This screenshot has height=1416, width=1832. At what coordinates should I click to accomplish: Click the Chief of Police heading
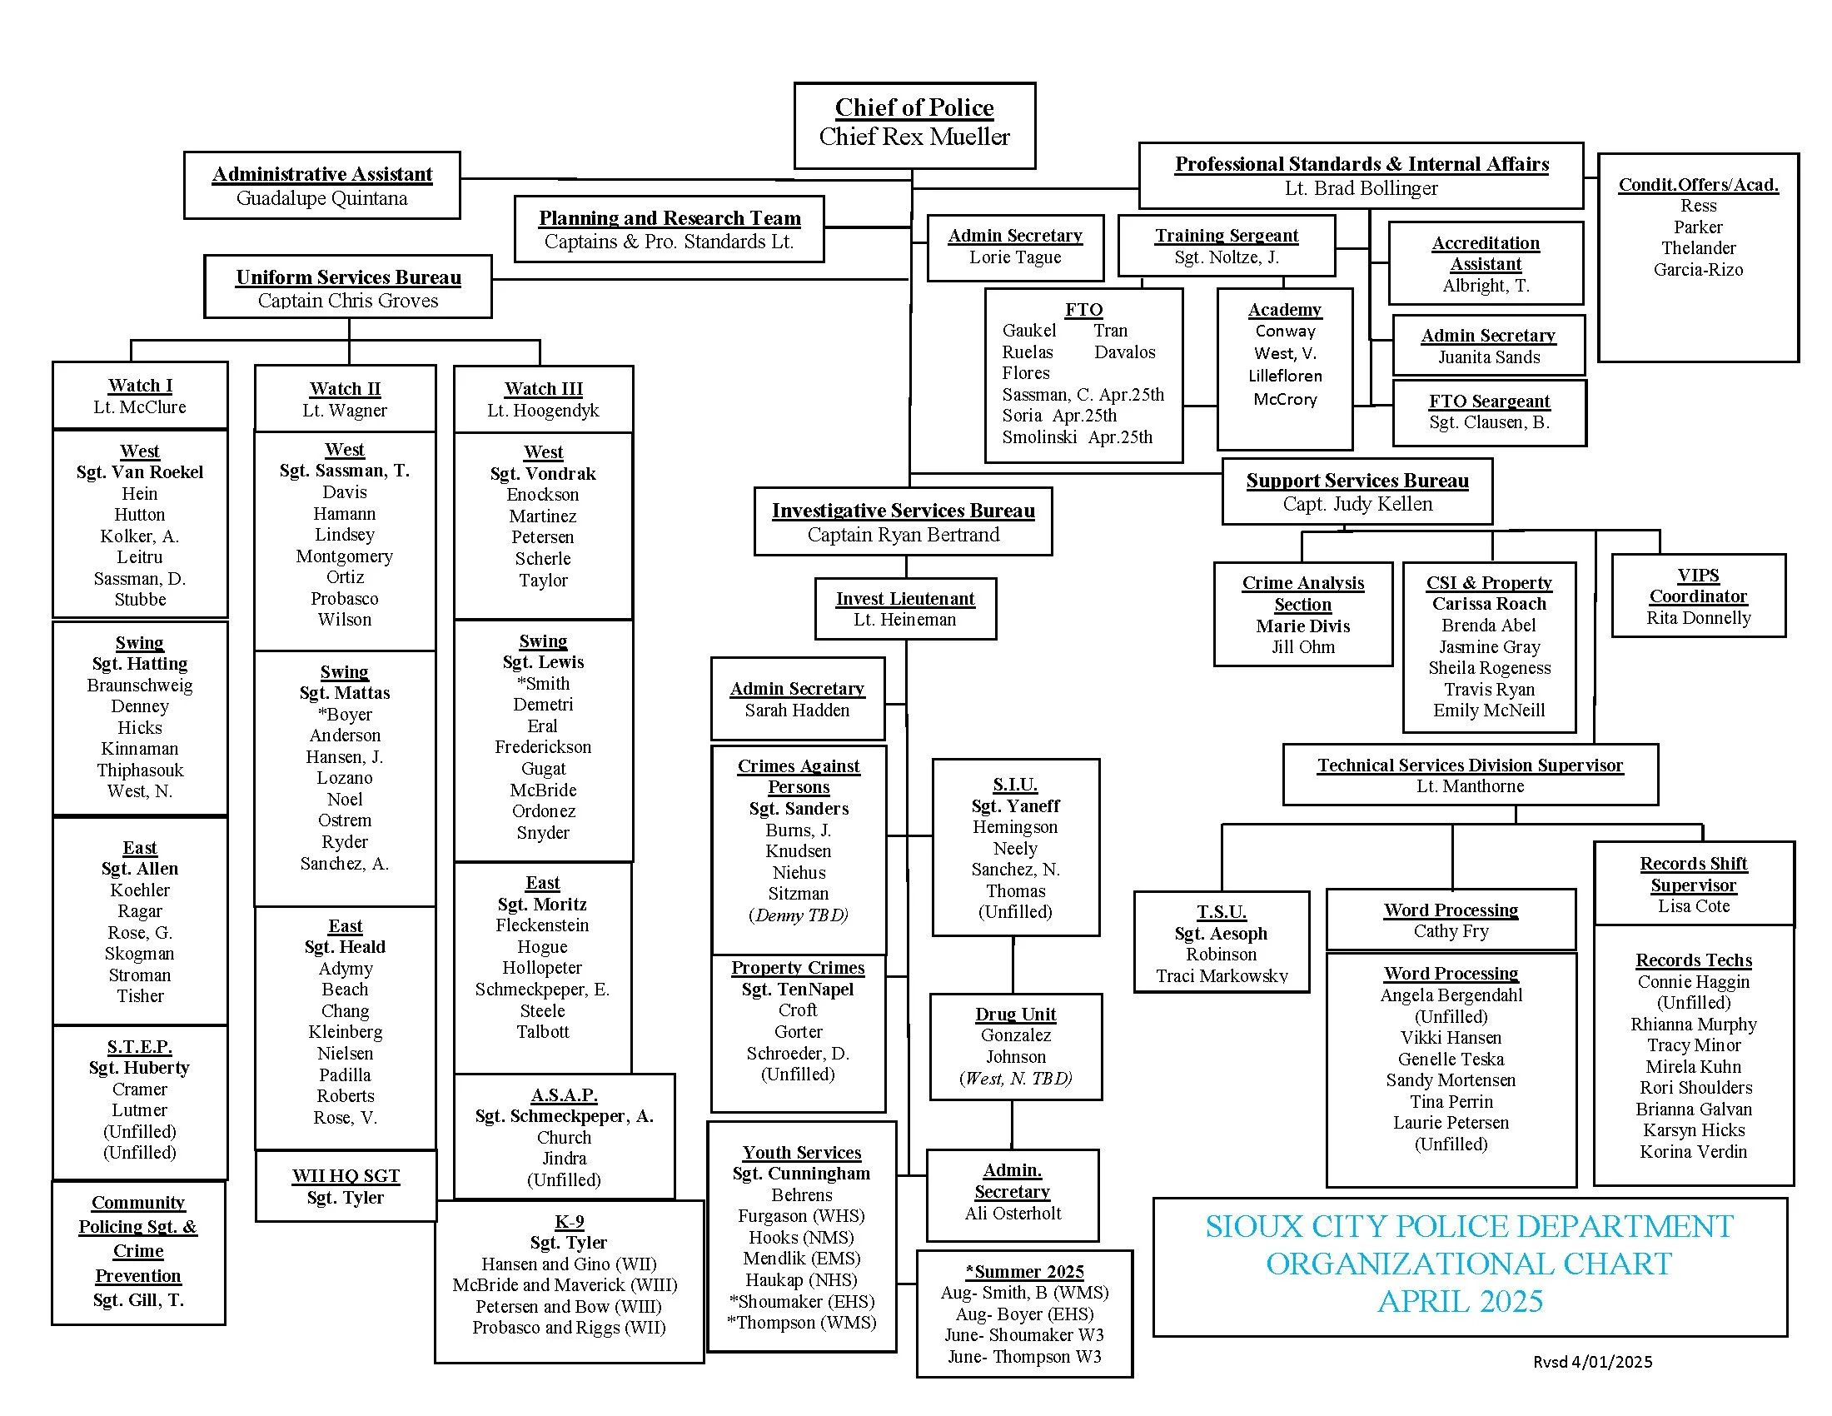[x=914, y=107]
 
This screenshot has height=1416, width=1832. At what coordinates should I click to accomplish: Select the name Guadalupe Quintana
[x=321, y=198]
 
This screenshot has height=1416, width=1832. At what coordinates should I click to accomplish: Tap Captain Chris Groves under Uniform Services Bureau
[x=347, y=301]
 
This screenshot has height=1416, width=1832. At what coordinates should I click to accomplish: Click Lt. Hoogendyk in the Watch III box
[x=543, y=410]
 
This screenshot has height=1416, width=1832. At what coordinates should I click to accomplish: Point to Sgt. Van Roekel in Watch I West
[x=139, y=471]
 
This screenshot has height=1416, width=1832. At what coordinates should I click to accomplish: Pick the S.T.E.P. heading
[x=139, y=1046]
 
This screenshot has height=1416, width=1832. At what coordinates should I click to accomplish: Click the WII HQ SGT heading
[x=345, y=1175]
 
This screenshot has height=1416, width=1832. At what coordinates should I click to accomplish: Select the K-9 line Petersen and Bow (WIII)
[x=568, y=1306]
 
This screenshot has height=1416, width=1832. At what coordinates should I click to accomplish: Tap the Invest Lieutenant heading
[x=904, y=598]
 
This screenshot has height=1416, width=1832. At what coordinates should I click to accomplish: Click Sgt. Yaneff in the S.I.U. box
[x=1015, y=805]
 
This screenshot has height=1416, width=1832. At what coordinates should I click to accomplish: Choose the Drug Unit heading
[x=1015, y=1014]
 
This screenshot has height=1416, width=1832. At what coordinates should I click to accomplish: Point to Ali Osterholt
[x=1013, y=1213]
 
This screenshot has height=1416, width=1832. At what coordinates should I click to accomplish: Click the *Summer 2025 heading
[x=1024, y=1271]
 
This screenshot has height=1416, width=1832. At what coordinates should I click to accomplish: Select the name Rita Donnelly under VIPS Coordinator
[x=1698, y=617]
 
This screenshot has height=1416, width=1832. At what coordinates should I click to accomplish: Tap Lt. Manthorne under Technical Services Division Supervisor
[x=1470, y=786]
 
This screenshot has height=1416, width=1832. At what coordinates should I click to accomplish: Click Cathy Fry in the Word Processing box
[x=1451, y=930]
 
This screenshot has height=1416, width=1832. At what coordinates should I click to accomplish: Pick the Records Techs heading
[x=1693, y=960]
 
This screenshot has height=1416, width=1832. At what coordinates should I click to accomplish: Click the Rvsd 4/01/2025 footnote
[x=1592, y=1362]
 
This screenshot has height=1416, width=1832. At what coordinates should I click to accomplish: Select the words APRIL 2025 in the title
[x=1460, y=1301]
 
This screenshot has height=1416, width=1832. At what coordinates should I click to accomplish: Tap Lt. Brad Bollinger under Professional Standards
[x=1361, y=188]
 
